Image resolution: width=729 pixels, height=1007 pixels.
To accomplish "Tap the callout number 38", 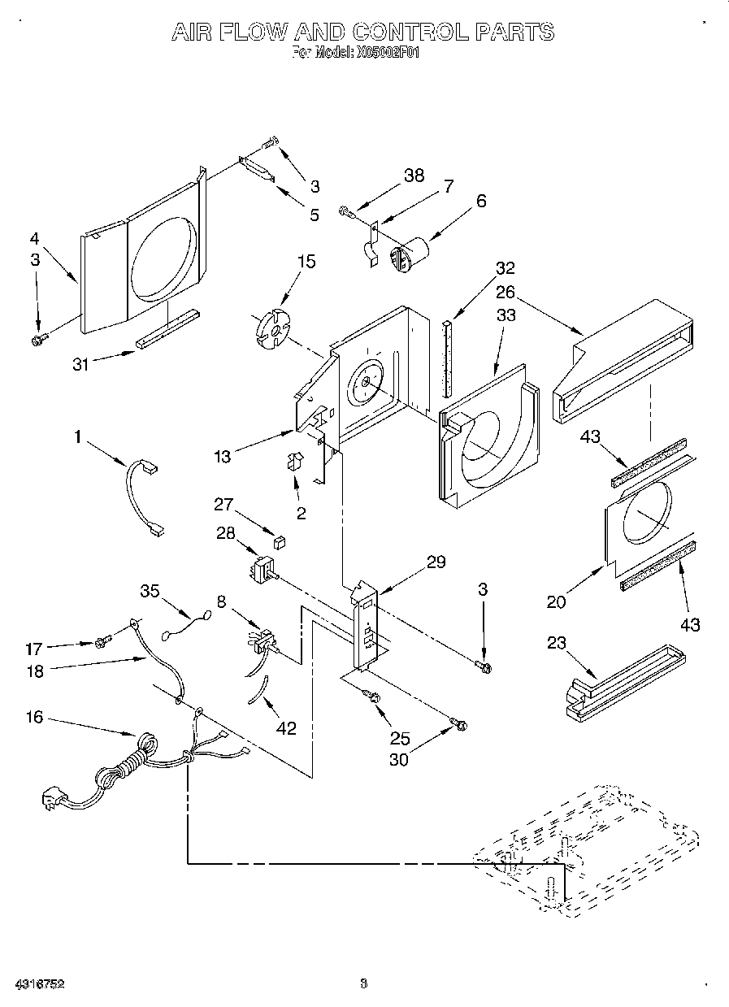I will (414, 176).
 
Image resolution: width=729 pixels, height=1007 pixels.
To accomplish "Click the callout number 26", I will (505, 291).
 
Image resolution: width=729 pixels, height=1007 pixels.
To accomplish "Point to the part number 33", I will (505, 315).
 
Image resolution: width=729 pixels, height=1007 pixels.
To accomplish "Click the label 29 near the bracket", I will (436, 562).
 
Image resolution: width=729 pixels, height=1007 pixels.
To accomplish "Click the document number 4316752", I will (38, 983).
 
